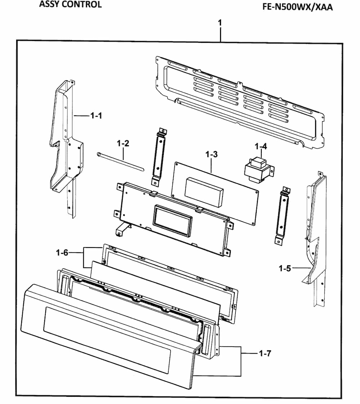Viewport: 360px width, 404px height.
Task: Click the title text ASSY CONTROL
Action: tap(70, 5)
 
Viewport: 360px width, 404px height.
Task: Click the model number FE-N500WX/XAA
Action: tap(297, 7)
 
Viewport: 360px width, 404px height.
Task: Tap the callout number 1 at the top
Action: tap(220, 23)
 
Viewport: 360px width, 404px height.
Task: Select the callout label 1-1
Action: tap(96, 116)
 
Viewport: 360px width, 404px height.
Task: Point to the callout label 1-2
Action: tap(123, 143)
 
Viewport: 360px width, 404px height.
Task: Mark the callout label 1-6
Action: tap(62, 253)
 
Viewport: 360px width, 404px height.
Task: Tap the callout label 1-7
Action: tap(265, 354)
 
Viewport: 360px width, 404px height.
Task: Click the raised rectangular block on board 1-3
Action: tap(204, 191)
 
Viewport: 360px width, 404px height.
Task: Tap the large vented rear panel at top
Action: tap(238, 101)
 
